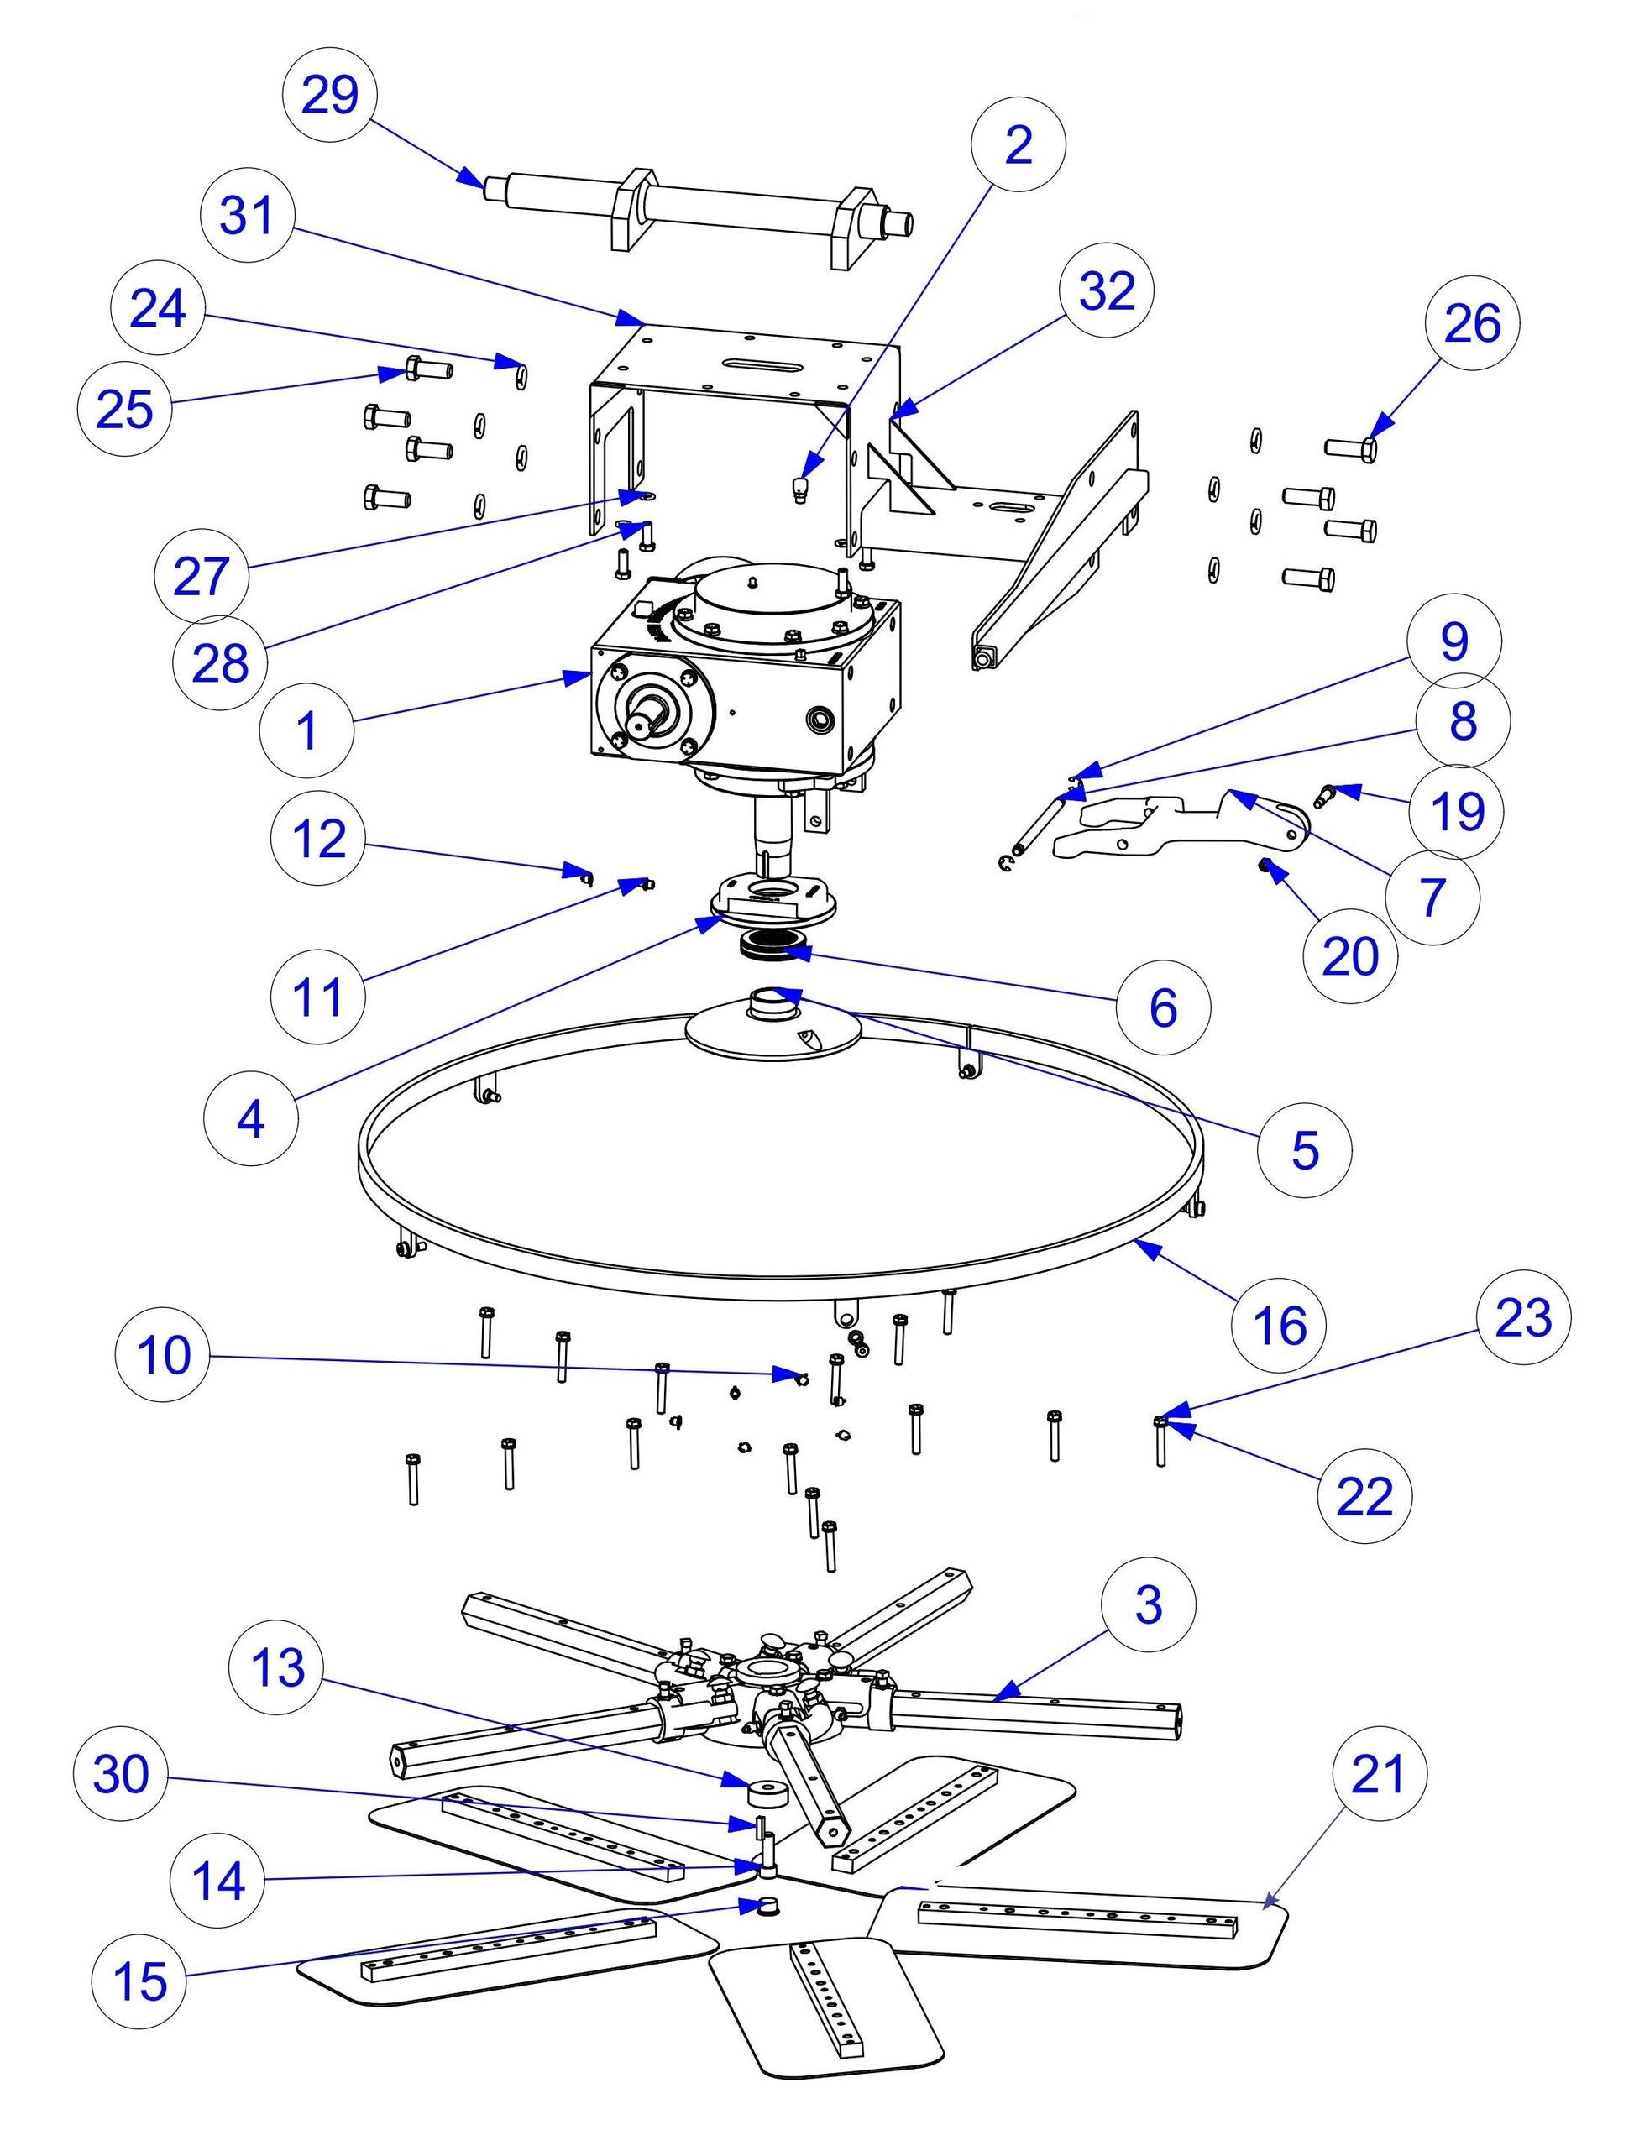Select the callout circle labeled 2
pyautogui.click(x=1019, y=145)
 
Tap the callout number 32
pyautogui.click(x=1108, y=290)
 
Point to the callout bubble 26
pyautogui.click(x=1473, y=323)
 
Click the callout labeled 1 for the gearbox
pyautogui.click(x=307, y=730)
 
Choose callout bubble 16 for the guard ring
pyautogui.click(x=1279, y=1325)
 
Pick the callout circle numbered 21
pyautogui.click(x=1380, y=1774)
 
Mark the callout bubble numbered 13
pyautogui.click(x=277, y=1668)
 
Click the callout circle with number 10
pyautogui.click(x=162, y=1355)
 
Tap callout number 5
pyautogui.click(x=1304, y=1149)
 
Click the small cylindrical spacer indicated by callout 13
pyautogui.click(x=767, y=1792)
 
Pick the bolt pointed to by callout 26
pyautogui.click(x=1352, y=448)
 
